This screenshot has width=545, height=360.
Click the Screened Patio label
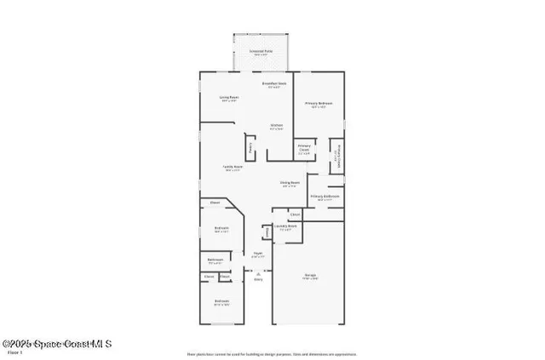(261, 51)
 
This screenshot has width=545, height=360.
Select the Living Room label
(229, 98)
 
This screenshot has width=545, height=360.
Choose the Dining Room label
(290, 183)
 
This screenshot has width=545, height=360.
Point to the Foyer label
(258, 254)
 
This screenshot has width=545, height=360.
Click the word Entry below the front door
(258, 279)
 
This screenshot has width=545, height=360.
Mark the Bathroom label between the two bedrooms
(215, 260)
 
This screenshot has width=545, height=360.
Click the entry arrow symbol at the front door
(258, 272)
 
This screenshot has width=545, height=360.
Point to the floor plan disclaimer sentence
(272, 353)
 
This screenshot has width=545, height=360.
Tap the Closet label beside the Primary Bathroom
(294, 214)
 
